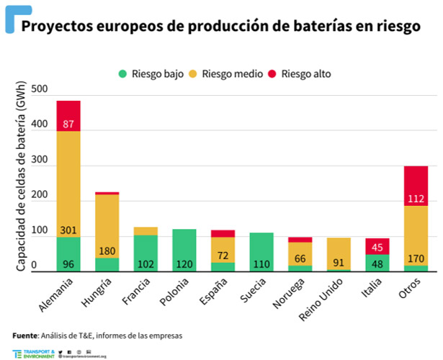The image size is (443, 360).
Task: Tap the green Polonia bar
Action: [x=184, y=249]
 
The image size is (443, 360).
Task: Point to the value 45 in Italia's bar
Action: [x=377, y=247]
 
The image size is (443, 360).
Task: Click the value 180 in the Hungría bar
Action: [x=107, y=251]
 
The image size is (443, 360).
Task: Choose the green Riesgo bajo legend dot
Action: [x=123, y=73]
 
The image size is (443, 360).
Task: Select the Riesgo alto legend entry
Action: [x=305, y=73]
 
